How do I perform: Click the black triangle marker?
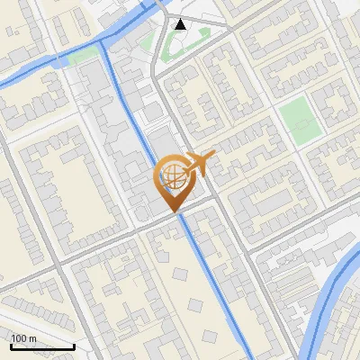click(181, 23)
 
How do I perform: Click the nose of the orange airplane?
click(213, 156)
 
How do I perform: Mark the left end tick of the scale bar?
click(11, 346)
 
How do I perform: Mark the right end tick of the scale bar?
click(74, 346)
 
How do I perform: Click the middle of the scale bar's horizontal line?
click(42, 347)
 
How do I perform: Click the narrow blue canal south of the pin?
click(216, 288)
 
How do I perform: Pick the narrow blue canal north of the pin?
click(126, 99)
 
